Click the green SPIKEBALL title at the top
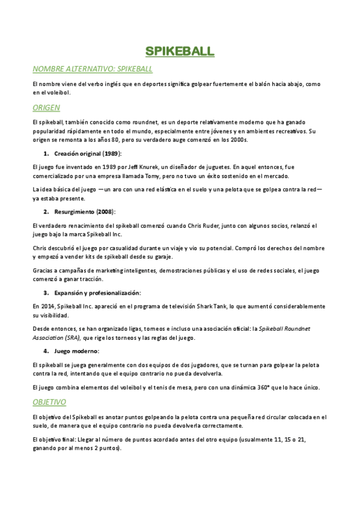[180, 52]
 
